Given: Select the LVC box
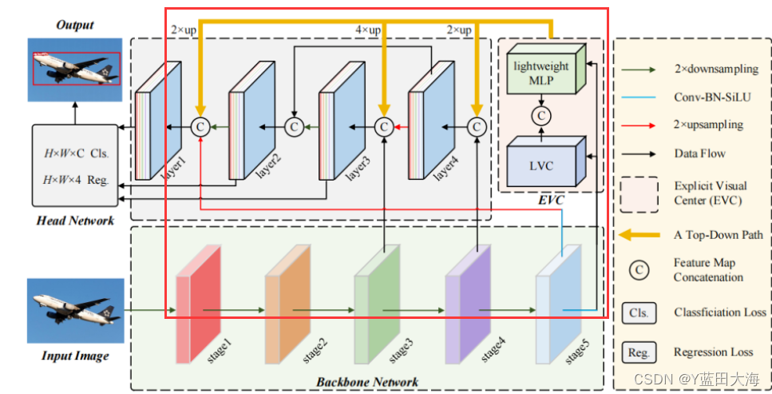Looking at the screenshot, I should tap(541, 165).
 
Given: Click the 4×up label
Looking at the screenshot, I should tap(368, 30).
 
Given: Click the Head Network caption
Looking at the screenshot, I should tap(75, 221).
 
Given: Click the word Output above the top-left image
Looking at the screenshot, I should tap(74, 25).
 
